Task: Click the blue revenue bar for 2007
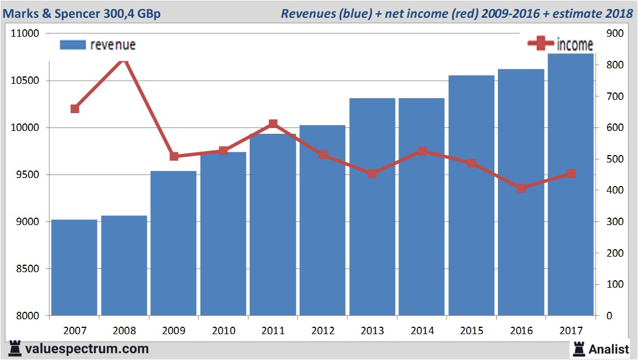(x=74, y=268)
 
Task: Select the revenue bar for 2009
(x=173, y=243)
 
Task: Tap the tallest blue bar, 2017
(x=570, y=184)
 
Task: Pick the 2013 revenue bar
(x=372, y=207)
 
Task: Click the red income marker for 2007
(x=75, y=109)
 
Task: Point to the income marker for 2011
(x=273, y=124)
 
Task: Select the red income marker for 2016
(x=521, y=188)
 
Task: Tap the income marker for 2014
(x=422, y=152)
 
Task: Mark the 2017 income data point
(x=570, y=173)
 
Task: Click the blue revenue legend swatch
(x=72, y=45)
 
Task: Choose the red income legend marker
(x=540, y=44)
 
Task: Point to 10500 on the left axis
(x=25, y=80)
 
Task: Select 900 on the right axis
(x=614, y=33)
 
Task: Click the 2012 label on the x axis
(x=322, y=331)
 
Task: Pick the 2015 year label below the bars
(x=471, y=331)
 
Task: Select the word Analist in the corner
(x=609, y=349)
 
